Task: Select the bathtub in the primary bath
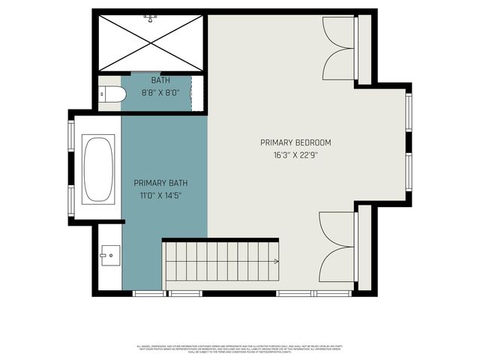click(98, 169)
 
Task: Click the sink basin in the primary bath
click(109, 256)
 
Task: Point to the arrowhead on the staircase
click(277, 262)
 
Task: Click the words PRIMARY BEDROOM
click(295, 142)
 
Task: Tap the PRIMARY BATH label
click(160, 182)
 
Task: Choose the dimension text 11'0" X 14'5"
click(160, 195)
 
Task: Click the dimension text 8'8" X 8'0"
click(160, 93)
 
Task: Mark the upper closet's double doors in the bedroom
click(338, 49)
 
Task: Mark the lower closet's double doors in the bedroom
click(337, 244)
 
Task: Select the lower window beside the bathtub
click(71, 199)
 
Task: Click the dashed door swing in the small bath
click(197, 93)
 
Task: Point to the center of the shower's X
click(151, 42)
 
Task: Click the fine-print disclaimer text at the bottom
click(240, 348)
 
